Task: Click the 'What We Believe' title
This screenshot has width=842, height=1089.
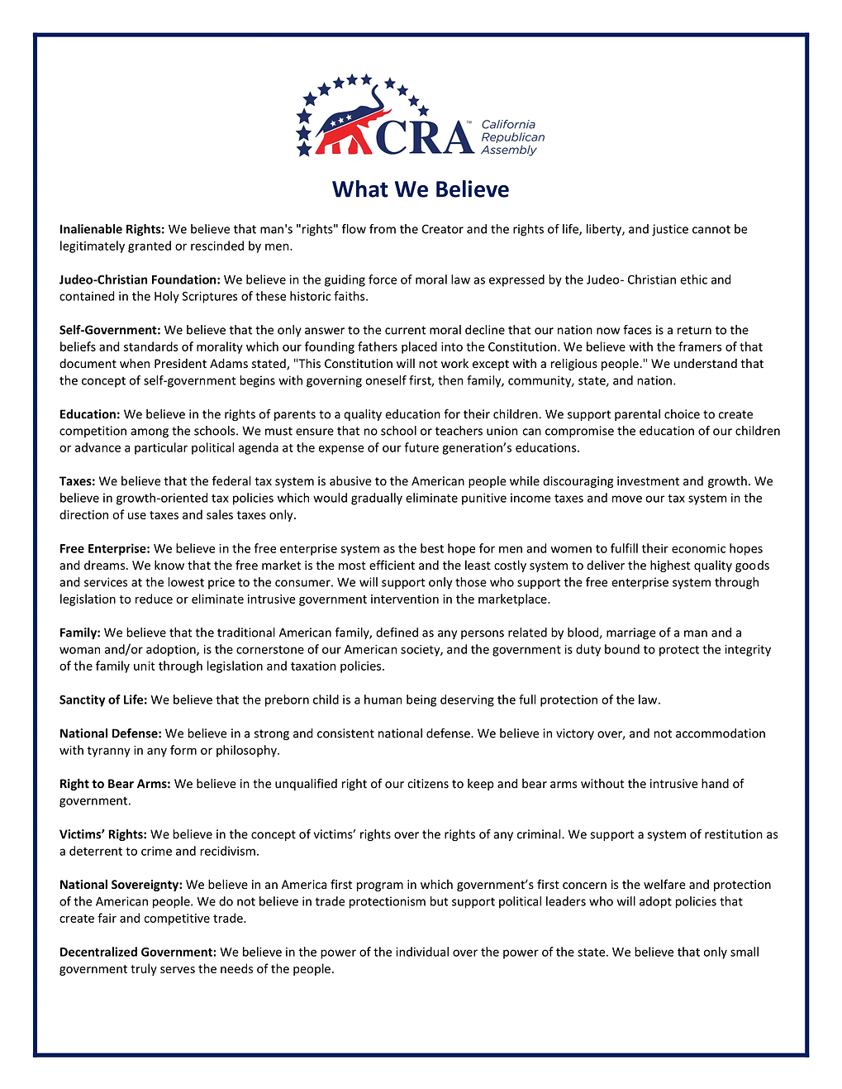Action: click(x=421, y=189)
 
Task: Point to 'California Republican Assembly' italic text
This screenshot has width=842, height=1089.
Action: click(x=512, y=137)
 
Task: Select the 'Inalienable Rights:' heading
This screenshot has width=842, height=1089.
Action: click(x=112, y=229)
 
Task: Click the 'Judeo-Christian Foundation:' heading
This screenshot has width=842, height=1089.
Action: click(x=140, y=279)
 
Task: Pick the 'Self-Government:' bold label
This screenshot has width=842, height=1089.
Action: click(x=110, y=330)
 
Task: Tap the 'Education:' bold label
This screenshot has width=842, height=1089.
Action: click(x=90, y=414)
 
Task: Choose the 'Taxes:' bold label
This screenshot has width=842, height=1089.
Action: click(x=78, y=481)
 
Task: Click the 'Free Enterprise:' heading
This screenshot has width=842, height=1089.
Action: click(x=105, y=548)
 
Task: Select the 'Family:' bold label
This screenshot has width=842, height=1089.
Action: click(x=80, y=633)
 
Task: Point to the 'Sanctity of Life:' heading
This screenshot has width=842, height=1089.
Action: click(x=103, y=700)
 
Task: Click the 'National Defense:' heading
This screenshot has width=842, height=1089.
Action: click(x=111, y=733)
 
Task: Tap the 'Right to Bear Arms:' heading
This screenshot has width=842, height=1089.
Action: click(x=115, y=784)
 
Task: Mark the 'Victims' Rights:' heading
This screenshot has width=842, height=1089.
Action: click(x=103, y=834)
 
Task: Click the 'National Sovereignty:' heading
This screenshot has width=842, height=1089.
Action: click(x=121, y=885)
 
